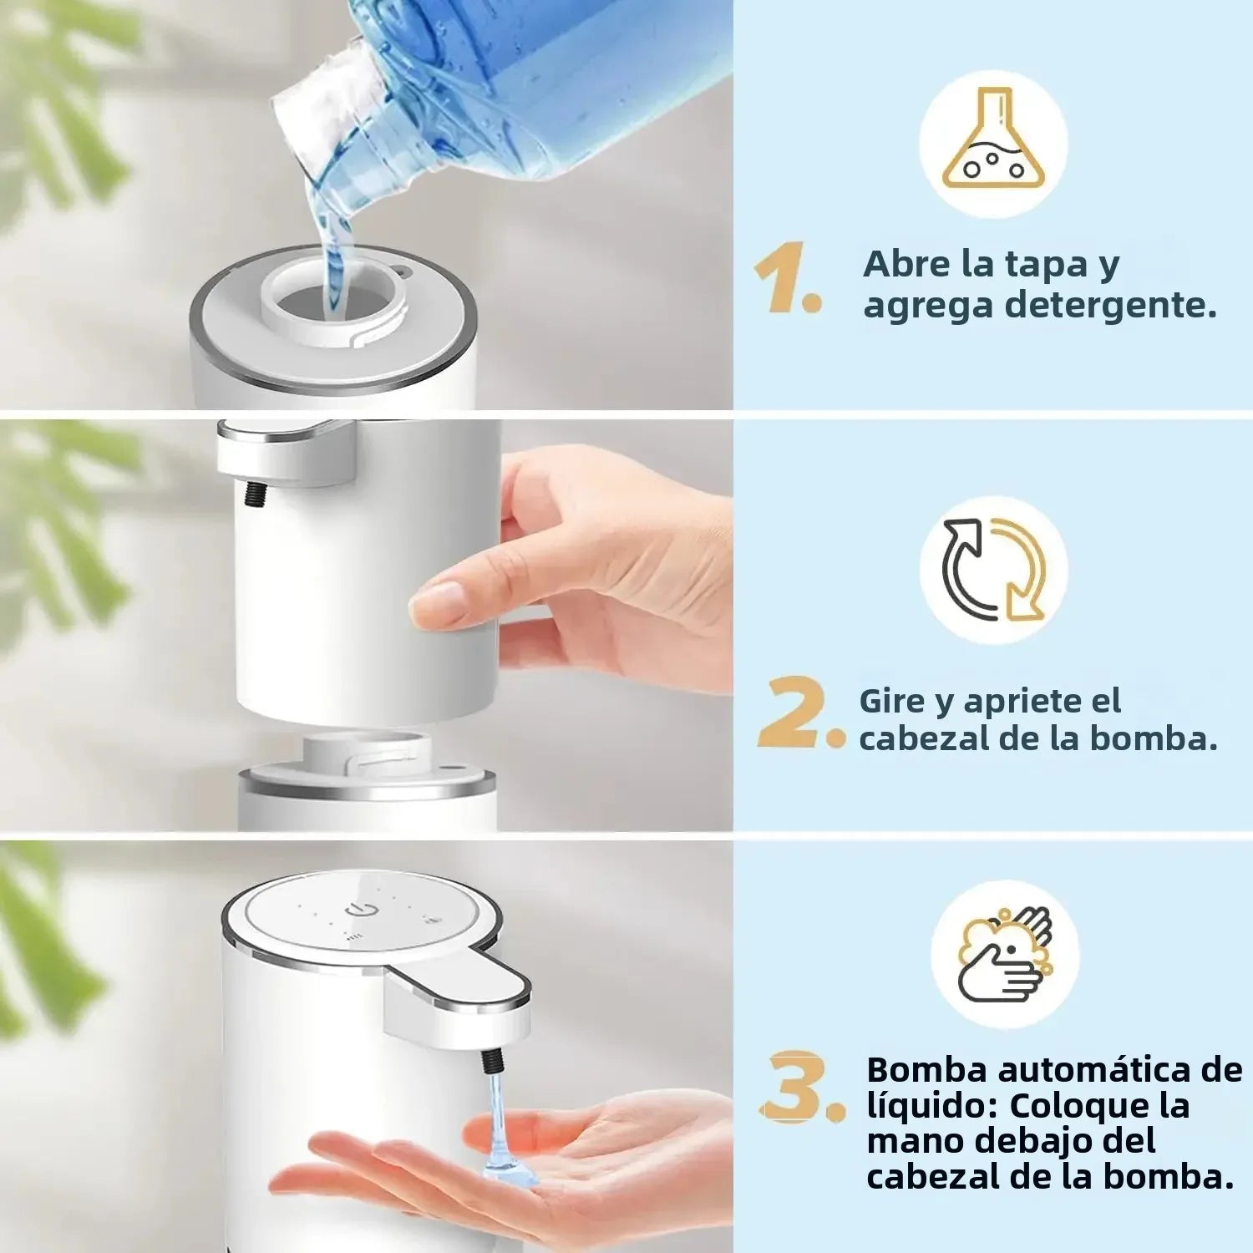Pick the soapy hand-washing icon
1005,955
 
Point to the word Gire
891,702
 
